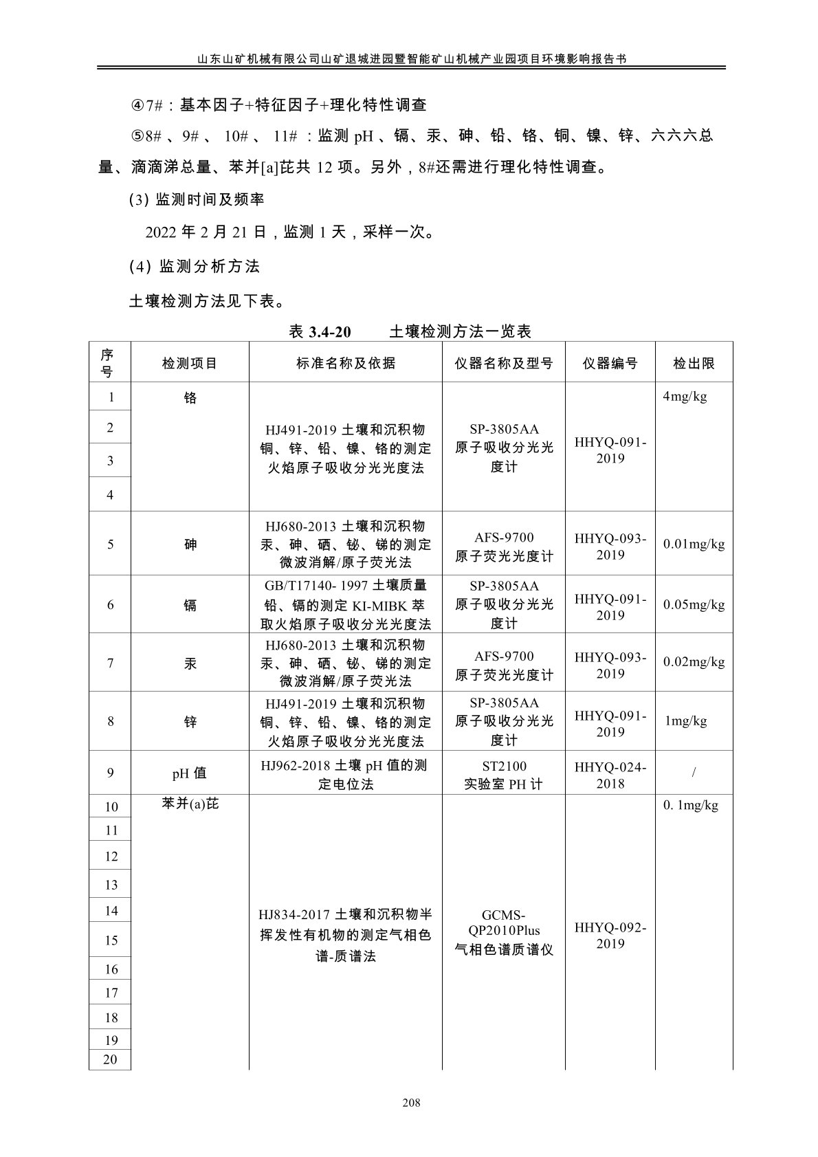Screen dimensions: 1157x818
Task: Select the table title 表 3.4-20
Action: [320, 332]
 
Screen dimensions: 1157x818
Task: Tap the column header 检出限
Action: [694, 363]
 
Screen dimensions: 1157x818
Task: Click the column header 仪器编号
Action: [610, 363]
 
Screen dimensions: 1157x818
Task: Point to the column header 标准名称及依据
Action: [345, 363]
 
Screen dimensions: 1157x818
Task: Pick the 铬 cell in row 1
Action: [190, 397]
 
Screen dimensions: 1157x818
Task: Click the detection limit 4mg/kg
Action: [685, 396]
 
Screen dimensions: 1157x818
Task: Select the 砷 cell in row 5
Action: [190, 544]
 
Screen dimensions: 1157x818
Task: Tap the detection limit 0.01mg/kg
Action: [694, 544]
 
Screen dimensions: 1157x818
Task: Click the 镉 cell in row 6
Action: [190, 605]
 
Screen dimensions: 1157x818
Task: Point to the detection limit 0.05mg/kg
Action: [694, 604]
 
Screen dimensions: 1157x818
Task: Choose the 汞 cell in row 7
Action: [190, 663]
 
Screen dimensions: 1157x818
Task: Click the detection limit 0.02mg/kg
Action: [694, 661]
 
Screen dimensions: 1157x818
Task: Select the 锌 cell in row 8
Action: [190, 722]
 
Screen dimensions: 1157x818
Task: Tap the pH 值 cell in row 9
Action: [189, 773]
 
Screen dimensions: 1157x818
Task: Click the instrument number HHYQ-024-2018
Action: [610, 775]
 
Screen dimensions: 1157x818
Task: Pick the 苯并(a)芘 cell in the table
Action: [190, 804]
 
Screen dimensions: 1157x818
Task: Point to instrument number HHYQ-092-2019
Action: [610, 935]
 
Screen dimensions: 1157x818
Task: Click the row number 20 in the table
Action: [110, 1059]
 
